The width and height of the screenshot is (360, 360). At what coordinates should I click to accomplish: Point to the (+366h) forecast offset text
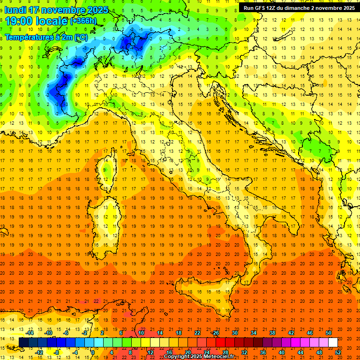point(83,21)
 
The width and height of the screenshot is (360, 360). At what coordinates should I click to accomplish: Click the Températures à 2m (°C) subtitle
point(45,37)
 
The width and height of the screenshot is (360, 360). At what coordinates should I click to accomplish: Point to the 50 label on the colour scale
point(328,333)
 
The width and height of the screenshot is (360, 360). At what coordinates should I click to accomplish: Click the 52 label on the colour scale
point(337,352)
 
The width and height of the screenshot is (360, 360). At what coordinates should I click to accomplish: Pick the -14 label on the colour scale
point(30,333)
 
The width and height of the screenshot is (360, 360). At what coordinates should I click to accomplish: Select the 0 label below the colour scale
point(93,352)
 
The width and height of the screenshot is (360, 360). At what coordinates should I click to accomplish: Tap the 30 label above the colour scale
point(234,333)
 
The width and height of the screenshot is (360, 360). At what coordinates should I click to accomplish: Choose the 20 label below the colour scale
point(187,352)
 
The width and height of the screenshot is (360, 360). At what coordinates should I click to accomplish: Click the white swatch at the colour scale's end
point(333,342)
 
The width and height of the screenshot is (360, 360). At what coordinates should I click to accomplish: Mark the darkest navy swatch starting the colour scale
point(23,342)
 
